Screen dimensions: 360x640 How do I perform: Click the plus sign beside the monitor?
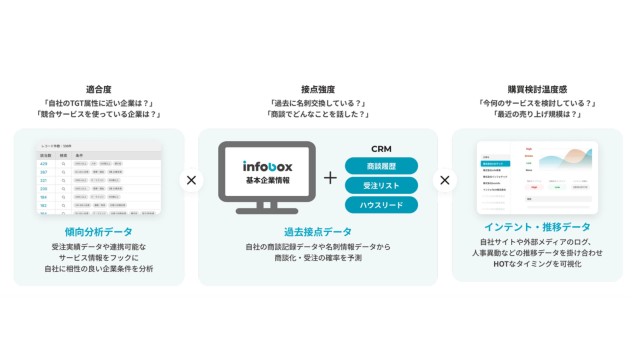pyautogui.click(x=331, y=178)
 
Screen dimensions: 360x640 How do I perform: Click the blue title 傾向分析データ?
pyautogui.click(x=98, y=231)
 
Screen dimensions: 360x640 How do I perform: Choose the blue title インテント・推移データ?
pyautogui.click(x=538, y=227)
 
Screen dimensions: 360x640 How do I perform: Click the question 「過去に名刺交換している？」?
pyautogui.click(x=318, y=103)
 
